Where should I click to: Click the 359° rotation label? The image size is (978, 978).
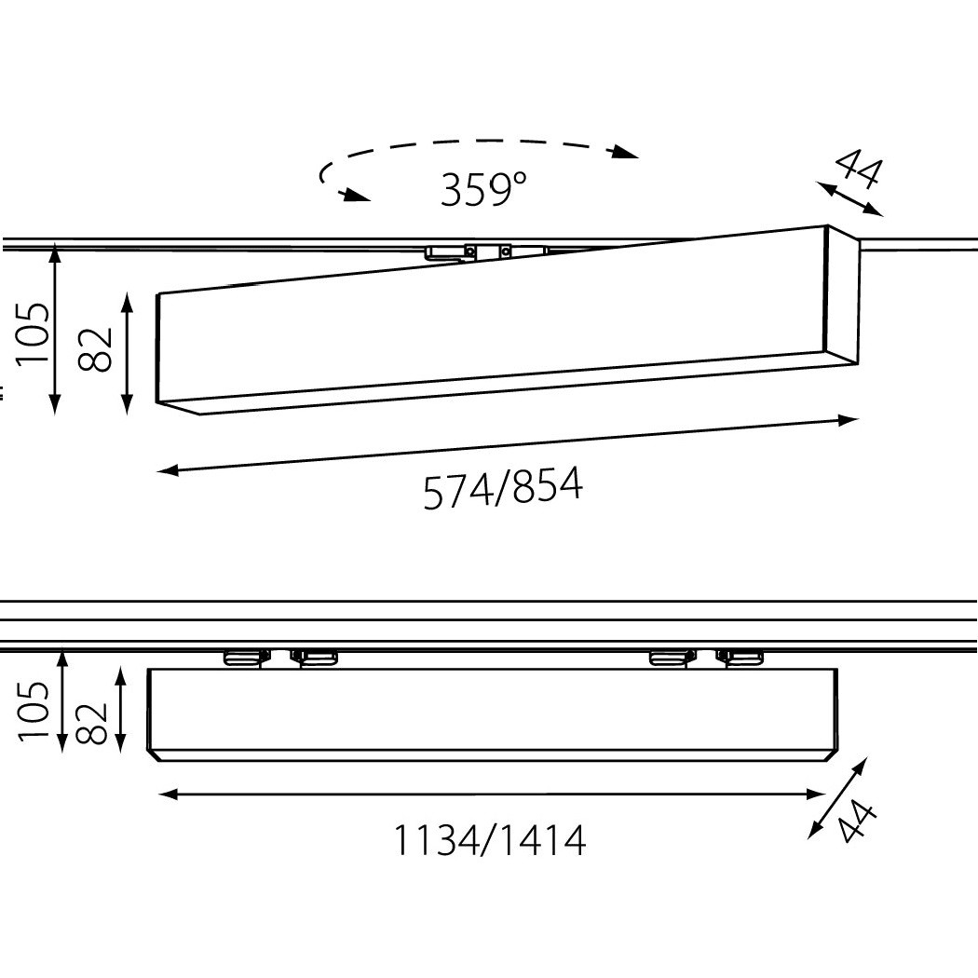click(483, 189)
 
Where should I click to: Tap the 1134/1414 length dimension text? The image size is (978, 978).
click(490, 840)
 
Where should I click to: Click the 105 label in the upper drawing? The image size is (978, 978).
click(32, 333)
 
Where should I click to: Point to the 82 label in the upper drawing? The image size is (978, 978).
click(95, 349)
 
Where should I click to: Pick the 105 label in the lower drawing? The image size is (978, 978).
click(34, 711)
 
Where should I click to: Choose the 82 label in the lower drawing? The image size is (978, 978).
click(91, 724)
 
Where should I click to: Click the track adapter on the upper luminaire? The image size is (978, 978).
click(486, 251)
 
